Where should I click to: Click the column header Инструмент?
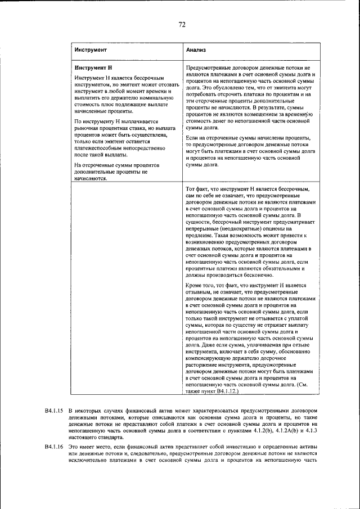point(91,51)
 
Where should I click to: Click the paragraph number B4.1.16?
point(53,445)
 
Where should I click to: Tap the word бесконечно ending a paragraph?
point(259,275)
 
